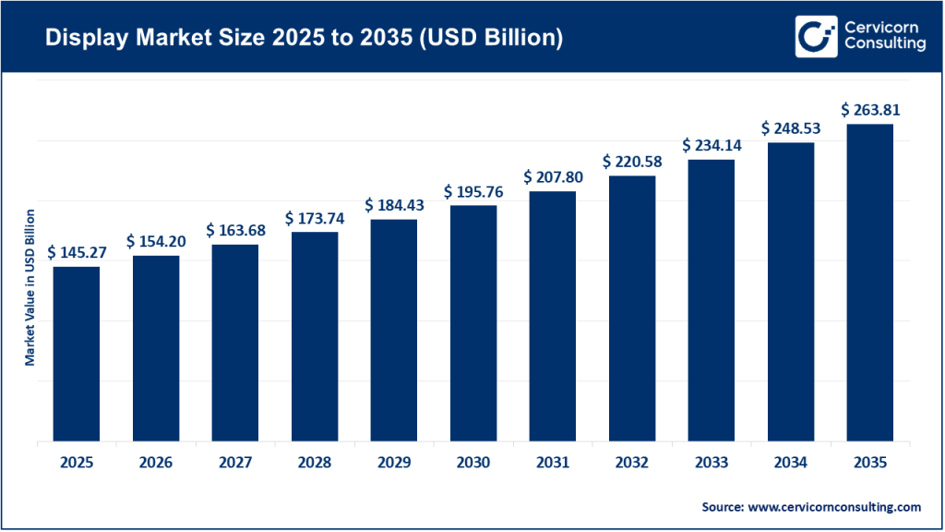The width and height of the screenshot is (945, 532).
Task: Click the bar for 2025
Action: [x=77, y=354]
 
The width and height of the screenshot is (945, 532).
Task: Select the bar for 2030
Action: [x=473, y=323]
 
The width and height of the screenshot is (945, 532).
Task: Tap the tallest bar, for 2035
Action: [x=870, y=283]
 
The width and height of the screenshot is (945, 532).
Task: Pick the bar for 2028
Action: [x=315, y=336]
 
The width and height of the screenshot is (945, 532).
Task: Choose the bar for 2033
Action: [x=712, y=300]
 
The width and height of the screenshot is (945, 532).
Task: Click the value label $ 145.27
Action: [x=77, y=251]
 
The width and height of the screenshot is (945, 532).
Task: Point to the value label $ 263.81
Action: [x=870, y=110]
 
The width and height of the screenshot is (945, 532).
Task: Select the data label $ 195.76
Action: [x=473, y=191]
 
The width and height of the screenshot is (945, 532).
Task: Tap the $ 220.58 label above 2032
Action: [x=632, y=162]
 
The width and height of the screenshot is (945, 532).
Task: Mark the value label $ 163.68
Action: [x=235, y=229]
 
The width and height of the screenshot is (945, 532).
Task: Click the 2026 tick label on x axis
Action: [x=156, y=462]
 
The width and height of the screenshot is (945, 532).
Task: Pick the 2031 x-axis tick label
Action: [x=553, y=462]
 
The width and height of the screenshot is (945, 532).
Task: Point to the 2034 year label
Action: [x=791, y=462]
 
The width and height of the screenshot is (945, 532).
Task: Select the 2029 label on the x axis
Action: [x=394, y=462]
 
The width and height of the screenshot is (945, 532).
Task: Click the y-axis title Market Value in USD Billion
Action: [x=30, y=287]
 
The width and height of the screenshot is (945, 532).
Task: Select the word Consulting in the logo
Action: [x=883, y=45]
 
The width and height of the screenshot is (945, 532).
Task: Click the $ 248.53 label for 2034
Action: [x=791, y=128]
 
